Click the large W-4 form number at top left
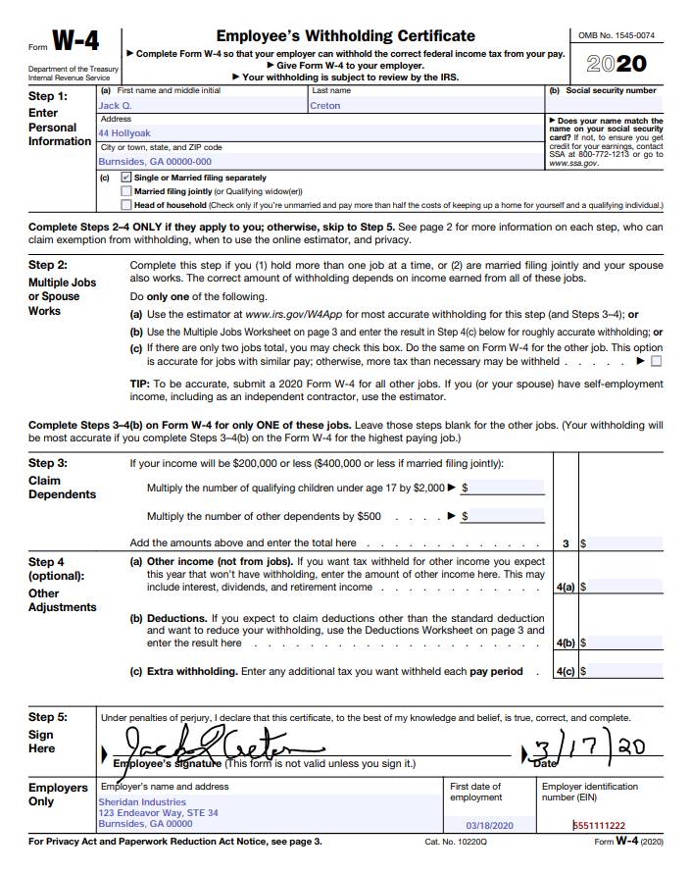[74, 41]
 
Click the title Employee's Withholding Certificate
[345, 36]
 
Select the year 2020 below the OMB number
[617, 64]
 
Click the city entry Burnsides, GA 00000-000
[154, 161]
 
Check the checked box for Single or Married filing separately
[125, 178]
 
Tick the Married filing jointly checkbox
[125, 191]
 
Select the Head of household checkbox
[125, 205]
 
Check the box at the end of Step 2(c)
[656, 361]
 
